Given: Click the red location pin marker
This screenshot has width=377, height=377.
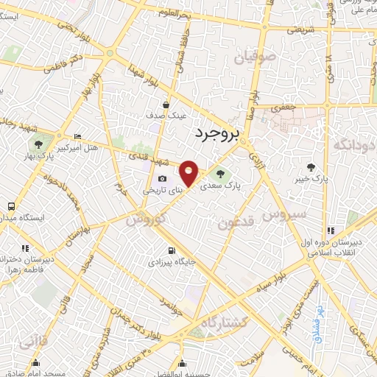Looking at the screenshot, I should coord(189,173).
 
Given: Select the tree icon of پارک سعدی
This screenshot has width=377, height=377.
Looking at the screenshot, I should coord(220,173).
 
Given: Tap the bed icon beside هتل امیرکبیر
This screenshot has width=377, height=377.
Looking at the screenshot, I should coord(79,137).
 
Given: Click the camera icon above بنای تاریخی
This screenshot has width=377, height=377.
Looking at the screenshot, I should coord(162,179).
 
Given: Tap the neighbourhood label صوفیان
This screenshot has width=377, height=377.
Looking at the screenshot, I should coord(255,56).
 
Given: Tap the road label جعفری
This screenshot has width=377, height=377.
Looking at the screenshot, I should coord(286,106).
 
